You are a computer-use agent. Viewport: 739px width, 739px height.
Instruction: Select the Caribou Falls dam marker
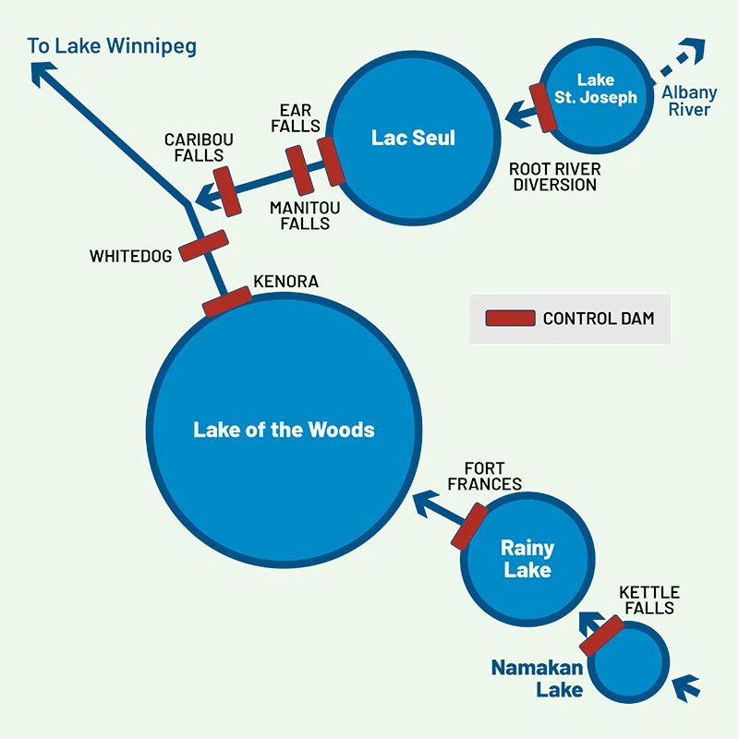point(225,190)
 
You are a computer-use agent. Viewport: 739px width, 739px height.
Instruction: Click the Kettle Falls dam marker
point(602,636)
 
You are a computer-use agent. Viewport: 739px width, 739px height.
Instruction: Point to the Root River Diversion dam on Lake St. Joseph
point(542,107)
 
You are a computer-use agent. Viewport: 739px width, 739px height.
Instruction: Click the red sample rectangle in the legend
point(510,319)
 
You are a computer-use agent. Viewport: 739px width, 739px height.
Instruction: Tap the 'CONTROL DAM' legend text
point(599,319)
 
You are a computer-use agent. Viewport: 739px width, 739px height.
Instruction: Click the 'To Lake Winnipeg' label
point(112,46)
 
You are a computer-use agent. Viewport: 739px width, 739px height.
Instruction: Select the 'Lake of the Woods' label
point(284,430)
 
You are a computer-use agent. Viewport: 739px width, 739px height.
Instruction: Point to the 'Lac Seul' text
point(413,138)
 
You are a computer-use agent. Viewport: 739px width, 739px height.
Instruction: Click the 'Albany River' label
point(689,102)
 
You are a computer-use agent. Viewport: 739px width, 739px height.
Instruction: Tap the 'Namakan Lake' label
point(537,679)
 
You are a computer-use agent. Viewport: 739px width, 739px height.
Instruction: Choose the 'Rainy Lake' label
point(527,558)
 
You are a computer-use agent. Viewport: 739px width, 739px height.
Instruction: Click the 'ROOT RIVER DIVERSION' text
point(554,176)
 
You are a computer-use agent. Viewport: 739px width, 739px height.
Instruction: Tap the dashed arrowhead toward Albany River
point(692,49)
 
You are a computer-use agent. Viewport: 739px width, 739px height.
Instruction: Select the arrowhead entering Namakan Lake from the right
point(684,687)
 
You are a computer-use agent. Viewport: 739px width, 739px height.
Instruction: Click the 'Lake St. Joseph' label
point(596,89)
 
